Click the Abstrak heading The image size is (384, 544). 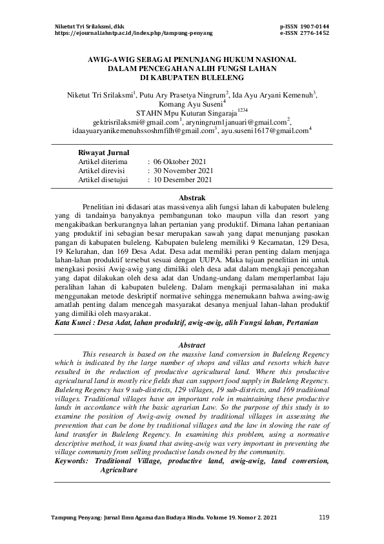(192, 197)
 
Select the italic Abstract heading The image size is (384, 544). (191, 346)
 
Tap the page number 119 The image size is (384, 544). (324, 518)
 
